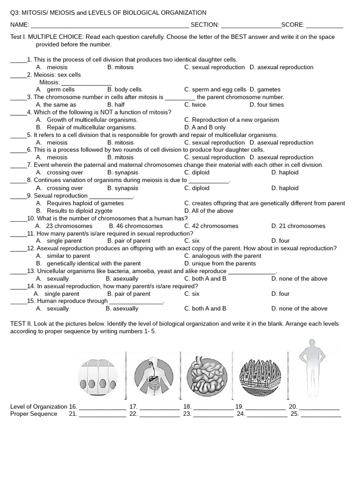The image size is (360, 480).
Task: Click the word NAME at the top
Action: tap(19, 25)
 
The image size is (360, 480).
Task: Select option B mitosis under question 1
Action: tap(120, 67)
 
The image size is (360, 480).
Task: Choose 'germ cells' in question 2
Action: tap(60, 90)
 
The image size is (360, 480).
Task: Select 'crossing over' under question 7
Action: tap(65, 172)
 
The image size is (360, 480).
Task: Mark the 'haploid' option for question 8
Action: tap(288, 188)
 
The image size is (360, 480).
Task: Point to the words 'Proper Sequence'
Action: tap(34, 414)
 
